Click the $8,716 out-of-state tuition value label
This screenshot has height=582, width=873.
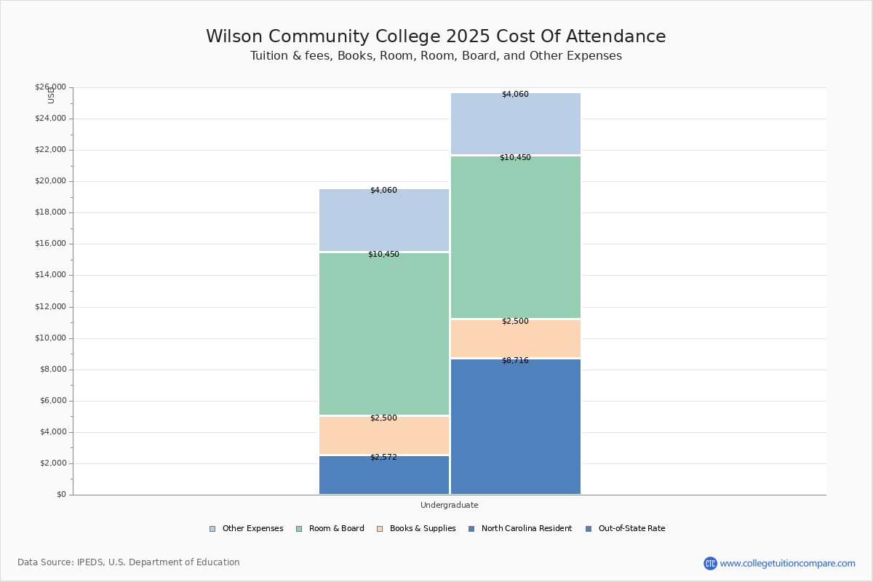[x=515, y=361]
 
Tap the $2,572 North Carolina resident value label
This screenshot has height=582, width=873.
[x=383, y=458]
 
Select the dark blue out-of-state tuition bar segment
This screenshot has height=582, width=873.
[x=515, y=429]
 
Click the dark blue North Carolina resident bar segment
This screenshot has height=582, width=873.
[x=383, y=477]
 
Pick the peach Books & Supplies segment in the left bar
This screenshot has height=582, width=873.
[x=383, y=436]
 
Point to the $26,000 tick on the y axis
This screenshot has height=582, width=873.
[x=50, y=87]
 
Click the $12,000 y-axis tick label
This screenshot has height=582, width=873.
[x=50, y=307]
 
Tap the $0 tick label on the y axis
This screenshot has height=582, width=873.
[x=60, y=495]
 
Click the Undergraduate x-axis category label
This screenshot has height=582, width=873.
[x=449, y=505]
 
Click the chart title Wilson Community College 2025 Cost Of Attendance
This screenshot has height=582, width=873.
[x=436, y=36]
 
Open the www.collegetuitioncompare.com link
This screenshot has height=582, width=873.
[x=787, y=563]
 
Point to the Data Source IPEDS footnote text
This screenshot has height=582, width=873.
[x=129, y=562]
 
